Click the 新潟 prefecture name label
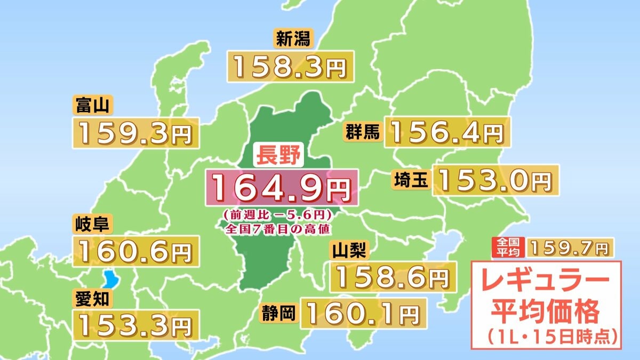[x=291, y=39]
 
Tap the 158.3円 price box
[x=291, y=66]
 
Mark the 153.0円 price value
[x=495, y=180]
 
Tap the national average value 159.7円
[x=570, y=247]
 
